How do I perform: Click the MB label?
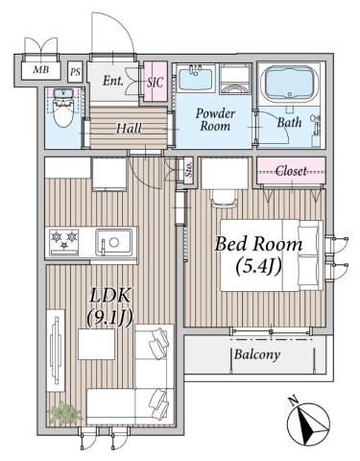pyautogui.click(x=41, y=69)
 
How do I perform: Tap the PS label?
pyautogui.click(x=75, y=72)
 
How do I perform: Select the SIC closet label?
pyautogui.click(x=156, y=83)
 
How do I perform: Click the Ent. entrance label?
pyautogui.click(x=113, y=81)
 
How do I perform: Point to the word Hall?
pyautogui.click(x=129, y=129)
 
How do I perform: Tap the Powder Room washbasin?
pyautogui.click(x=195, y=78)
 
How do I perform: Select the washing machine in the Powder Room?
pyautogui.click(x=235, y=79)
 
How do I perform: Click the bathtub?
pyautogui.click(x=290, y=84)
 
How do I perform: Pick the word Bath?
pyautogui.click(x=289, y=122)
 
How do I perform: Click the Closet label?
pyautogui.click(x=291, y=171)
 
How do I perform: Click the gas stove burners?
pyautogui.click(x=64, y=241)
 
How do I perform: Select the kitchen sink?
pyautogui.click(x=114, y=242)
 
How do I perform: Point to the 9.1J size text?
pyautogui.click(x=109, y=318)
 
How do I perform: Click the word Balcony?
pyautogui.click(x=257, y=354)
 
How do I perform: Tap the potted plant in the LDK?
pyautogui.click(x=64, y=412)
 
